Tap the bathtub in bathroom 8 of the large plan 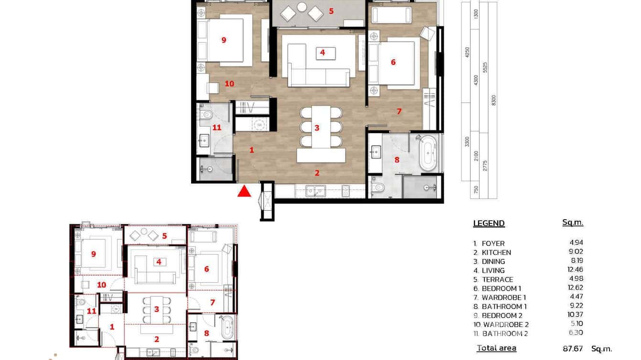428,152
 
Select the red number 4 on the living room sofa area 323,53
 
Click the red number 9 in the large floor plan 224,40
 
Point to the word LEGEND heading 489,223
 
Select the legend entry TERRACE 497,280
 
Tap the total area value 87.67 573,349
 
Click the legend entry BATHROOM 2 505,334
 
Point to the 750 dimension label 475,190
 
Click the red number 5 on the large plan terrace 331,11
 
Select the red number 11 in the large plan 217,127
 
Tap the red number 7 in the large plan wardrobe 399,111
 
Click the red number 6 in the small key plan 206,269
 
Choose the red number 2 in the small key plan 156,339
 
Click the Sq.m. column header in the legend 573,222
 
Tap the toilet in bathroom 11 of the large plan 207,115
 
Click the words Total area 496,348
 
